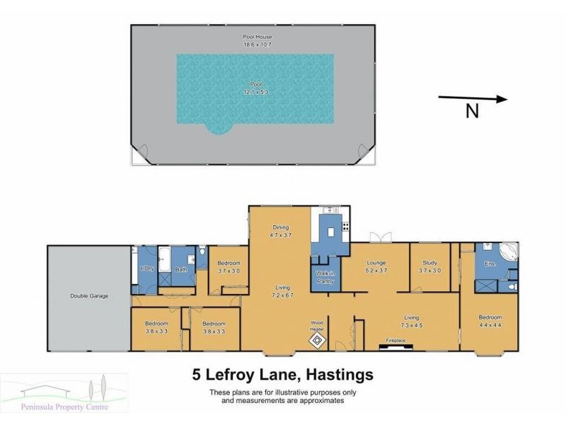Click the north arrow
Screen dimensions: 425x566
[x=473, y=98]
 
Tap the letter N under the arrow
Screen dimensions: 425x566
[x=472, y=110]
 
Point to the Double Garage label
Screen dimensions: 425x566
[x=89, y=295]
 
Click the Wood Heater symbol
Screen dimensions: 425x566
[x=317, y=341]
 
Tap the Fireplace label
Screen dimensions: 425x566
[x=395, y=341]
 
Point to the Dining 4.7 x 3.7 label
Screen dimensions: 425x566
[x=280, y=230]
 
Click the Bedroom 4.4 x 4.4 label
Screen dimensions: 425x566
[x=490, y=320]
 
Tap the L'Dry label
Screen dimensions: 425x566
[x=147, y=268]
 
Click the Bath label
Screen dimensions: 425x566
[x=181, y=269]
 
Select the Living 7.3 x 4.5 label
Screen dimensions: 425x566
[x=412, y=322]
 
